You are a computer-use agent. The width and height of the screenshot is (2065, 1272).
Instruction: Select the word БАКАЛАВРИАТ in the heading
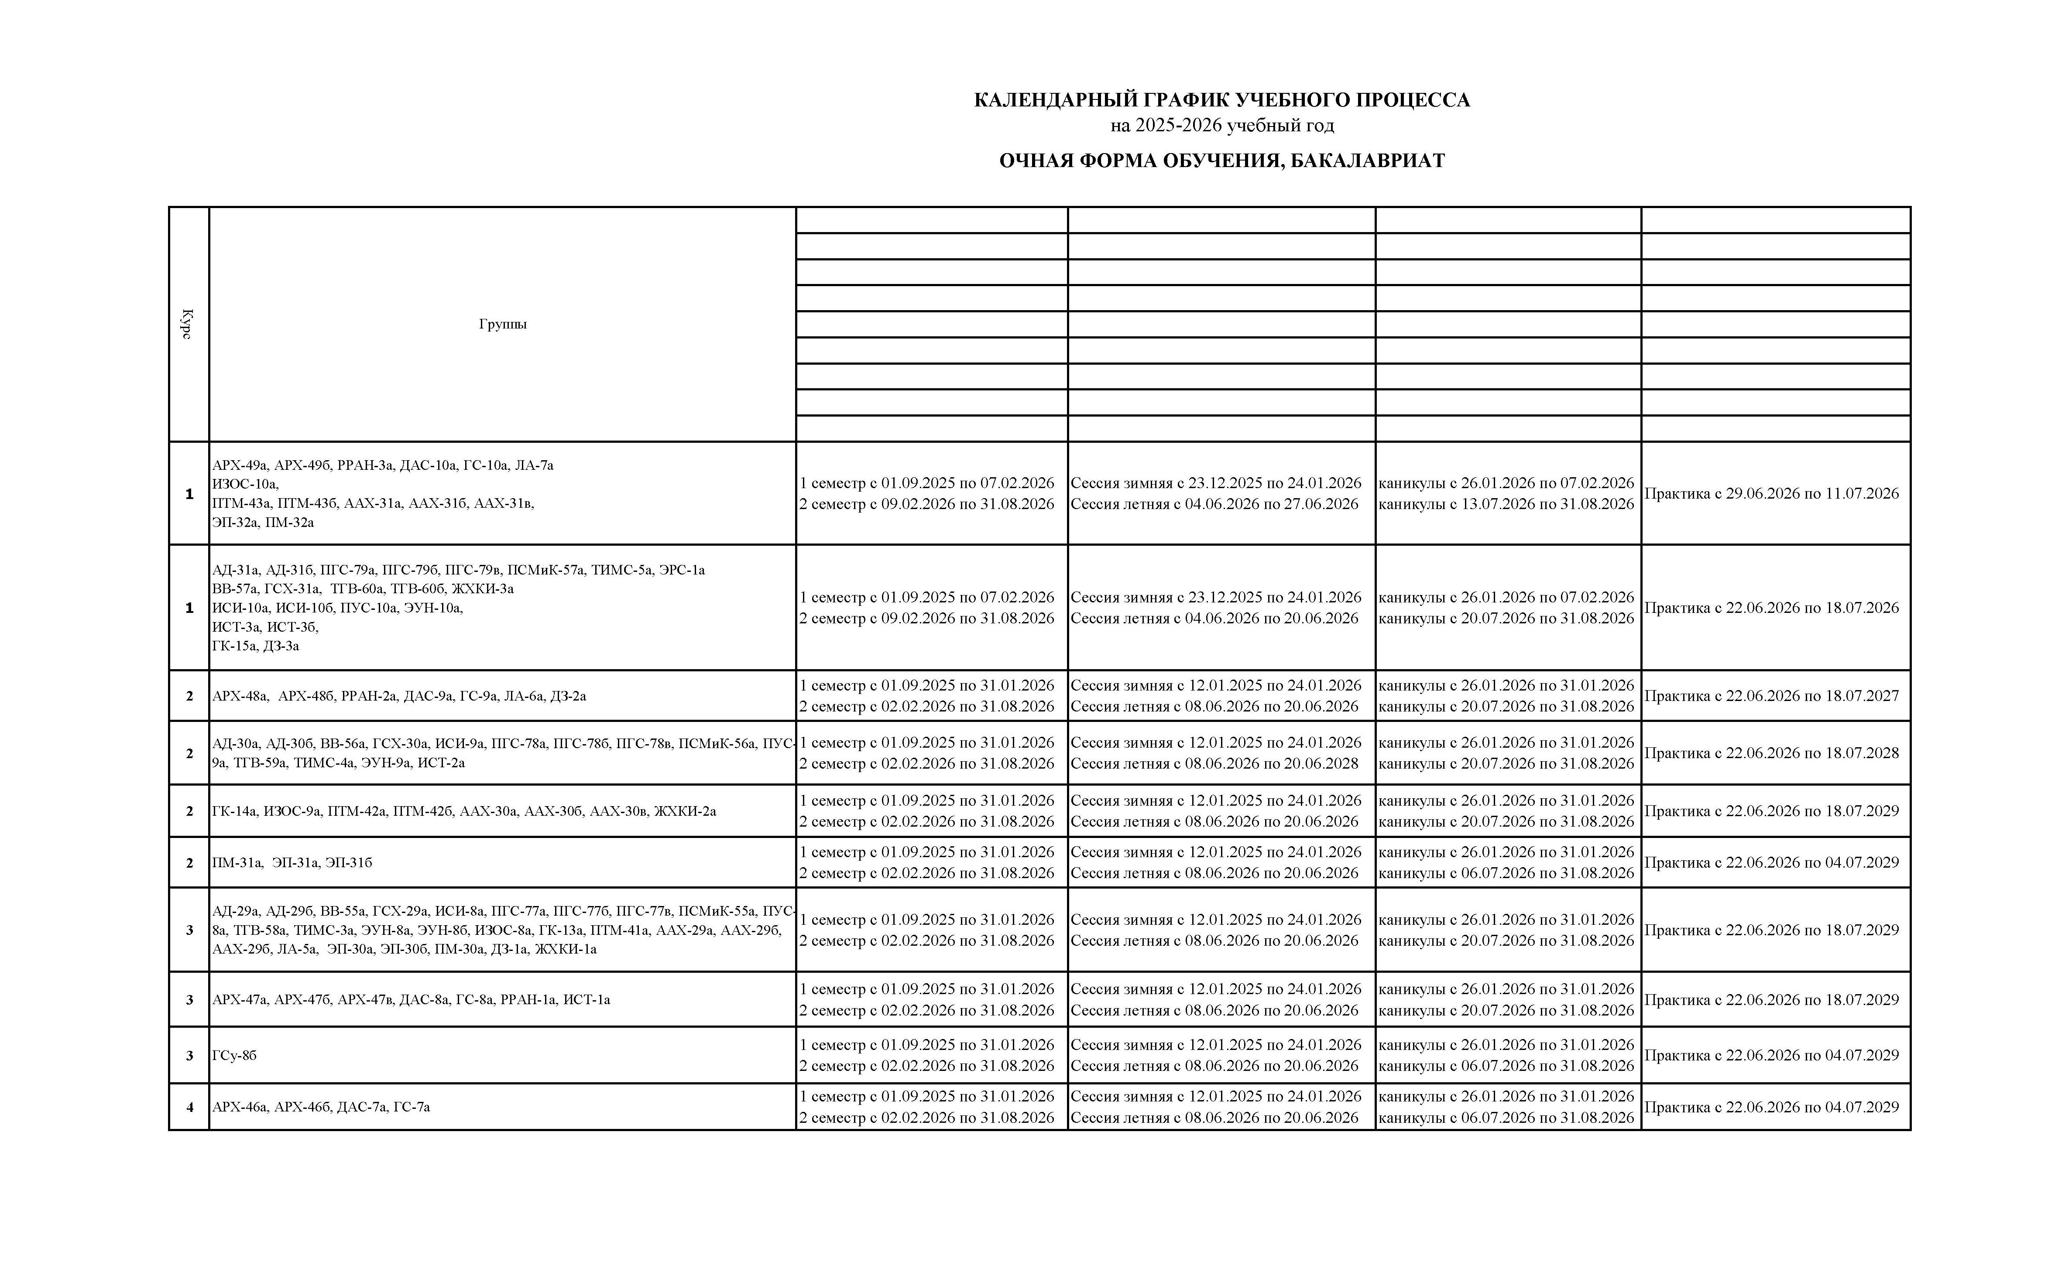(x=1367, y=161)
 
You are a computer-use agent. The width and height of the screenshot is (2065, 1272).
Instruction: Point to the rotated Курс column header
(x=188, y=324)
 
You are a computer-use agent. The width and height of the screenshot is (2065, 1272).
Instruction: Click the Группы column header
(x=502, y=324)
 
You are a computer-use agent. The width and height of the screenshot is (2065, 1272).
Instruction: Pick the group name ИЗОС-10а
(x=245, y=484)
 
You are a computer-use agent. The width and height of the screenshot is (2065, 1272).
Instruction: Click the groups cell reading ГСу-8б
(x=235, y=1055)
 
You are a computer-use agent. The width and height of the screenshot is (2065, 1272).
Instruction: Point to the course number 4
(x=189, y=1107)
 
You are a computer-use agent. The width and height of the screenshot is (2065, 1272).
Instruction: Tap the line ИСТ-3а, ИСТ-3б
(x=265, y=627)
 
